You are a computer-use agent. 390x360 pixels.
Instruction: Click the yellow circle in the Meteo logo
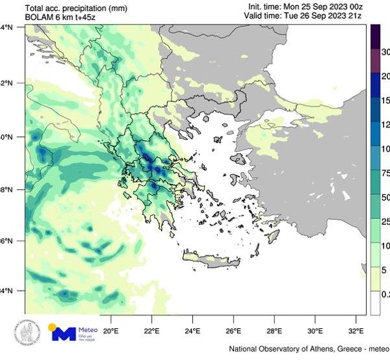pyautogui.click(x=54, y=328)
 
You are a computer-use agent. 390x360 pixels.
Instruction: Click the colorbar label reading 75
pyautogui.click(x=383, y=174)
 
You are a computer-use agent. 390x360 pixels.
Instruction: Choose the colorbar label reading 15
pyautogui.click(x=383, y=101)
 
